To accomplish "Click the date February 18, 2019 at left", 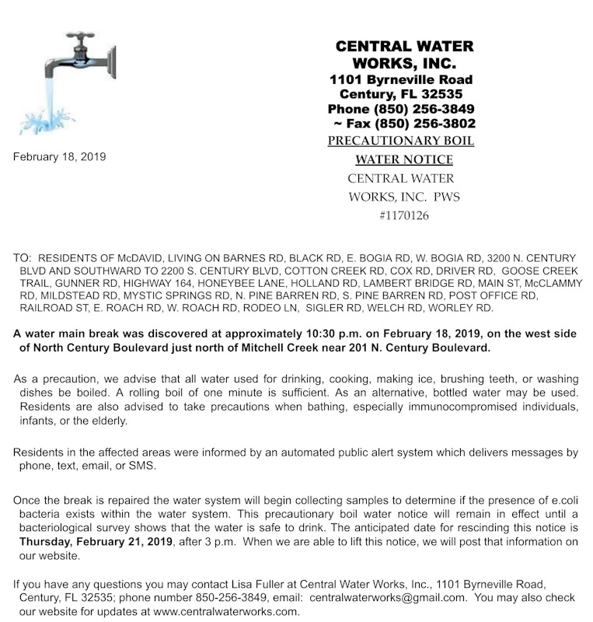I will coord(59,156).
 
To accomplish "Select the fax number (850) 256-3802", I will coord(424,124).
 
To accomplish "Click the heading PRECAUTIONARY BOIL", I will coord(400,141).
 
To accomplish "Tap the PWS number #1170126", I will coord(403,215).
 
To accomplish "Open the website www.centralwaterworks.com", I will coord(226,610).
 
